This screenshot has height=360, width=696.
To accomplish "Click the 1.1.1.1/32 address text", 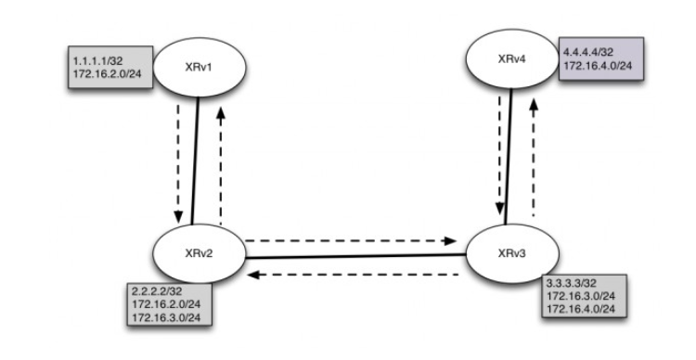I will [91, 59].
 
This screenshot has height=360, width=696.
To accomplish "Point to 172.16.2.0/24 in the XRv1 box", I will [101, 72].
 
